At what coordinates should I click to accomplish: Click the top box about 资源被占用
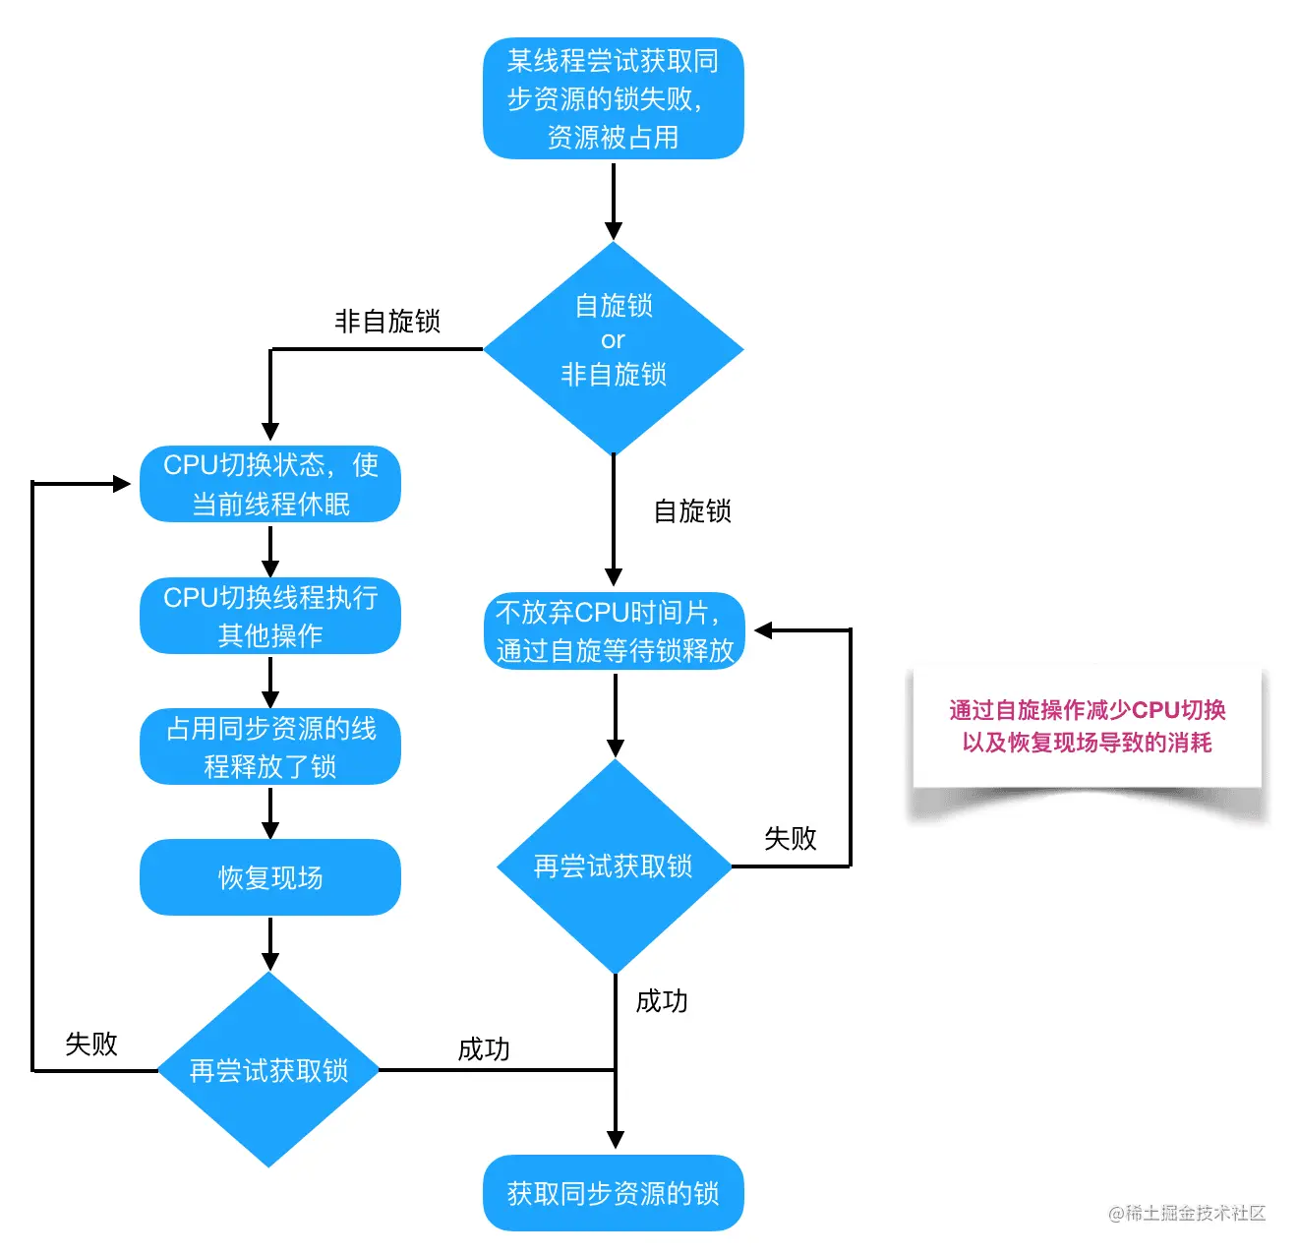pyautogui.click(x=613, y=98)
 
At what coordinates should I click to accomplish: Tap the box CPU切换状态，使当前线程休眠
pyautogui.click(x=270, y=484)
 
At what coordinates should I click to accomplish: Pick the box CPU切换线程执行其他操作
pyautogui.click(x=270, y=616)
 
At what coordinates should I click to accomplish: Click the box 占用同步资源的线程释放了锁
pyautogui.click(x=270, y=747)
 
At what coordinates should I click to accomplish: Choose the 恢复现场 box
pyautogui.click(x=270, y=877)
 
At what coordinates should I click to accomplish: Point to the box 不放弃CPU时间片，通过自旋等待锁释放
pyautogui.click(x=615, y=630)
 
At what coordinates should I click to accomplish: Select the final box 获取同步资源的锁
pyautogui.click(x=613, y=1193)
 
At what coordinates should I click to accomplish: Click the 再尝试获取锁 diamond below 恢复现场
pyautogui.click(x=268, y=1070)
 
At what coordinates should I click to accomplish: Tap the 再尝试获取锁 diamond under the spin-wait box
pyautogui.click(x=614, y=867)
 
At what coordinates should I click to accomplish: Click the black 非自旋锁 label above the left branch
pyautogui.click(x=387, y=321)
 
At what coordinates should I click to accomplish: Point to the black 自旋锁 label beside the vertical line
pyautogui.click(x=692, y=511)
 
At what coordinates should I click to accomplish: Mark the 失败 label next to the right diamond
pyautogui.click(x=791, y=838)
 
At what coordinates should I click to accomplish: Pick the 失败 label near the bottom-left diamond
pyautogui.click(x=91, y=1044)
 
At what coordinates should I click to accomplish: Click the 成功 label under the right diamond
pyautogui.click(x=662, y=1001)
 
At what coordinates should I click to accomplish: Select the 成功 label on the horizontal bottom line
pyautogui.click(x=484, y=1049)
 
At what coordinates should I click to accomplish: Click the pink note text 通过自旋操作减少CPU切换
pyautogui.click(x=1087, y=710)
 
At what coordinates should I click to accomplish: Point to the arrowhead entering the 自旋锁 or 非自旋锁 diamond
pyautogui.click(x=614, y=231)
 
